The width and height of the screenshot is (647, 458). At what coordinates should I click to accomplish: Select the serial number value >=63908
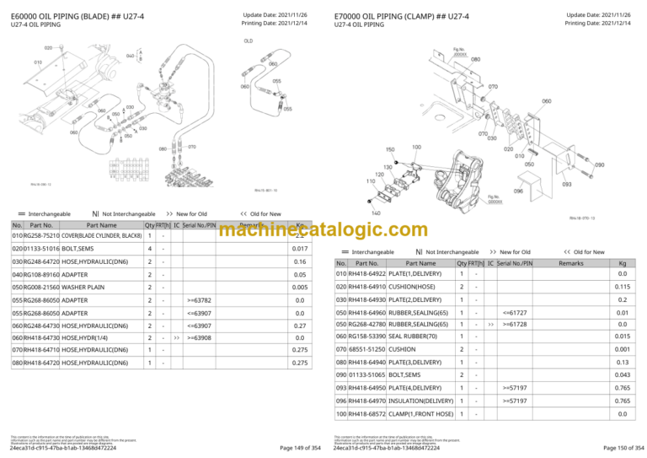[x=201, y=337]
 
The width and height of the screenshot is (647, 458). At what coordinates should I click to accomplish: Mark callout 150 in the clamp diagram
[x=390, y=149]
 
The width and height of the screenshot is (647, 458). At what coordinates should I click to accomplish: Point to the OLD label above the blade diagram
[x=249, y=40]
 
